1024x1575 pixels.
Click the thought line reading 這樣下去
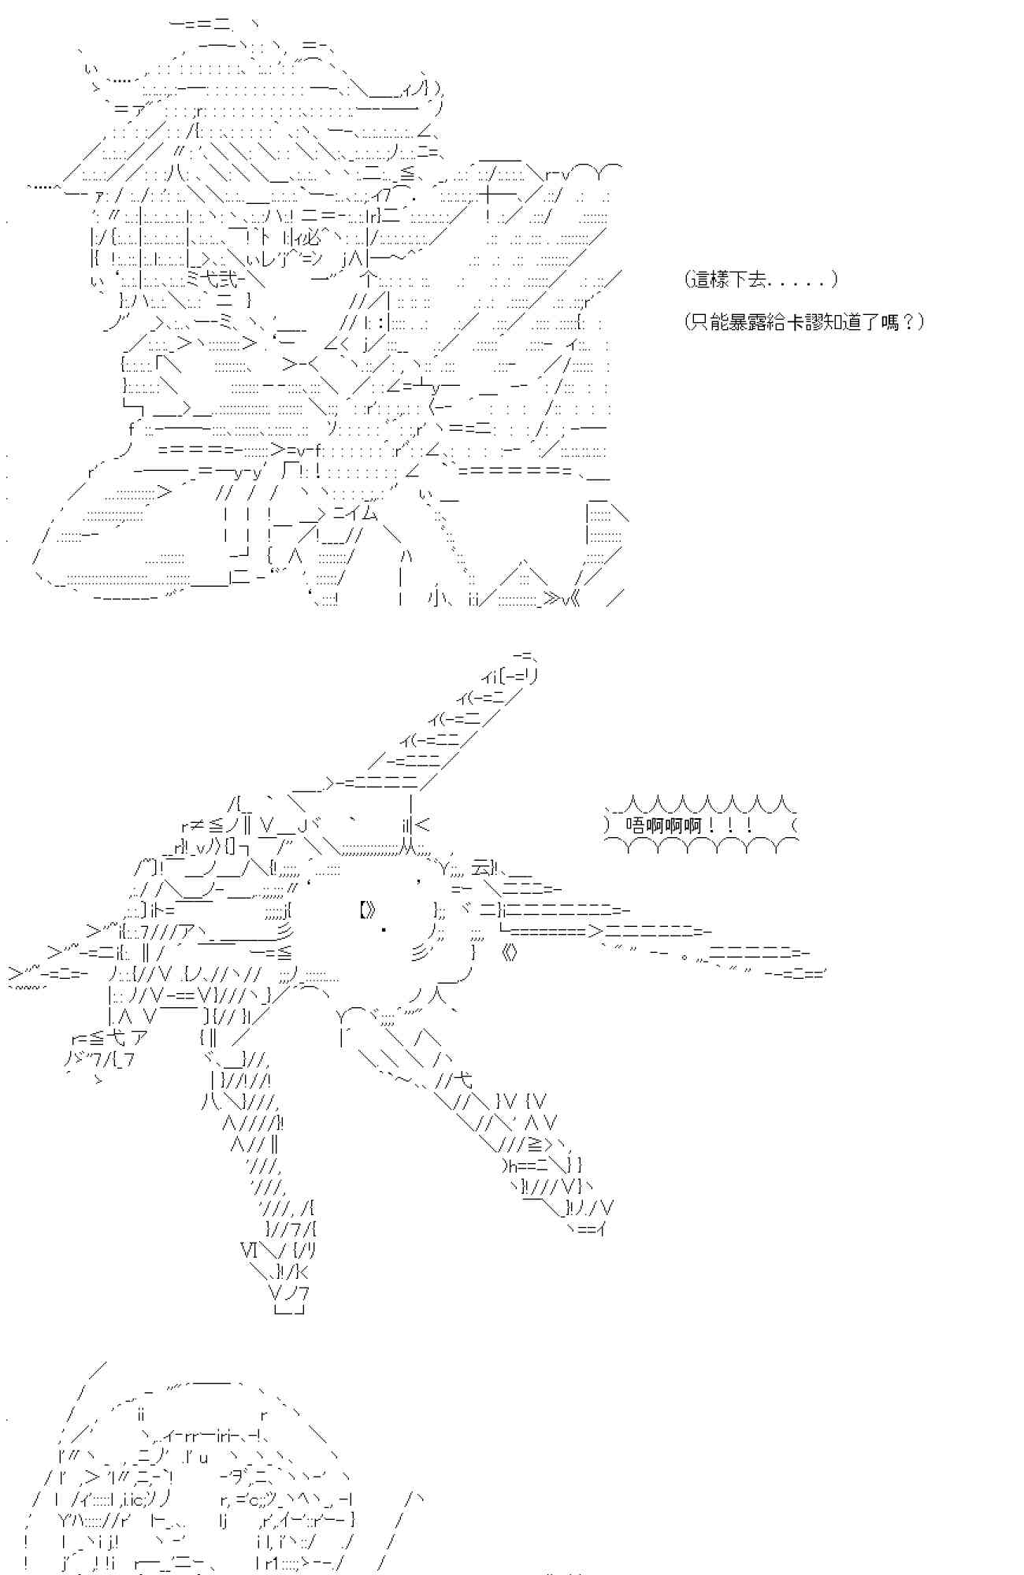coord(761,279)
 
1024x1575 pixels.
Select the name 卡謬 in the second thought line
coord(804,321)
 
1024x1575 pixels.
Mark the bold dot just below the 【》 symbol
coord(384,931)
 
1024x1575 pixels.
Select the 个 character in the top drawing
coord(368,280)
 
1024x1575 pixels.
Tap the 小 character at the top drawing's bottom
coord(439,598)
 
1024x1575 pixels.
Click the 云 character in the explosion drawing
coord(479,869)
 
